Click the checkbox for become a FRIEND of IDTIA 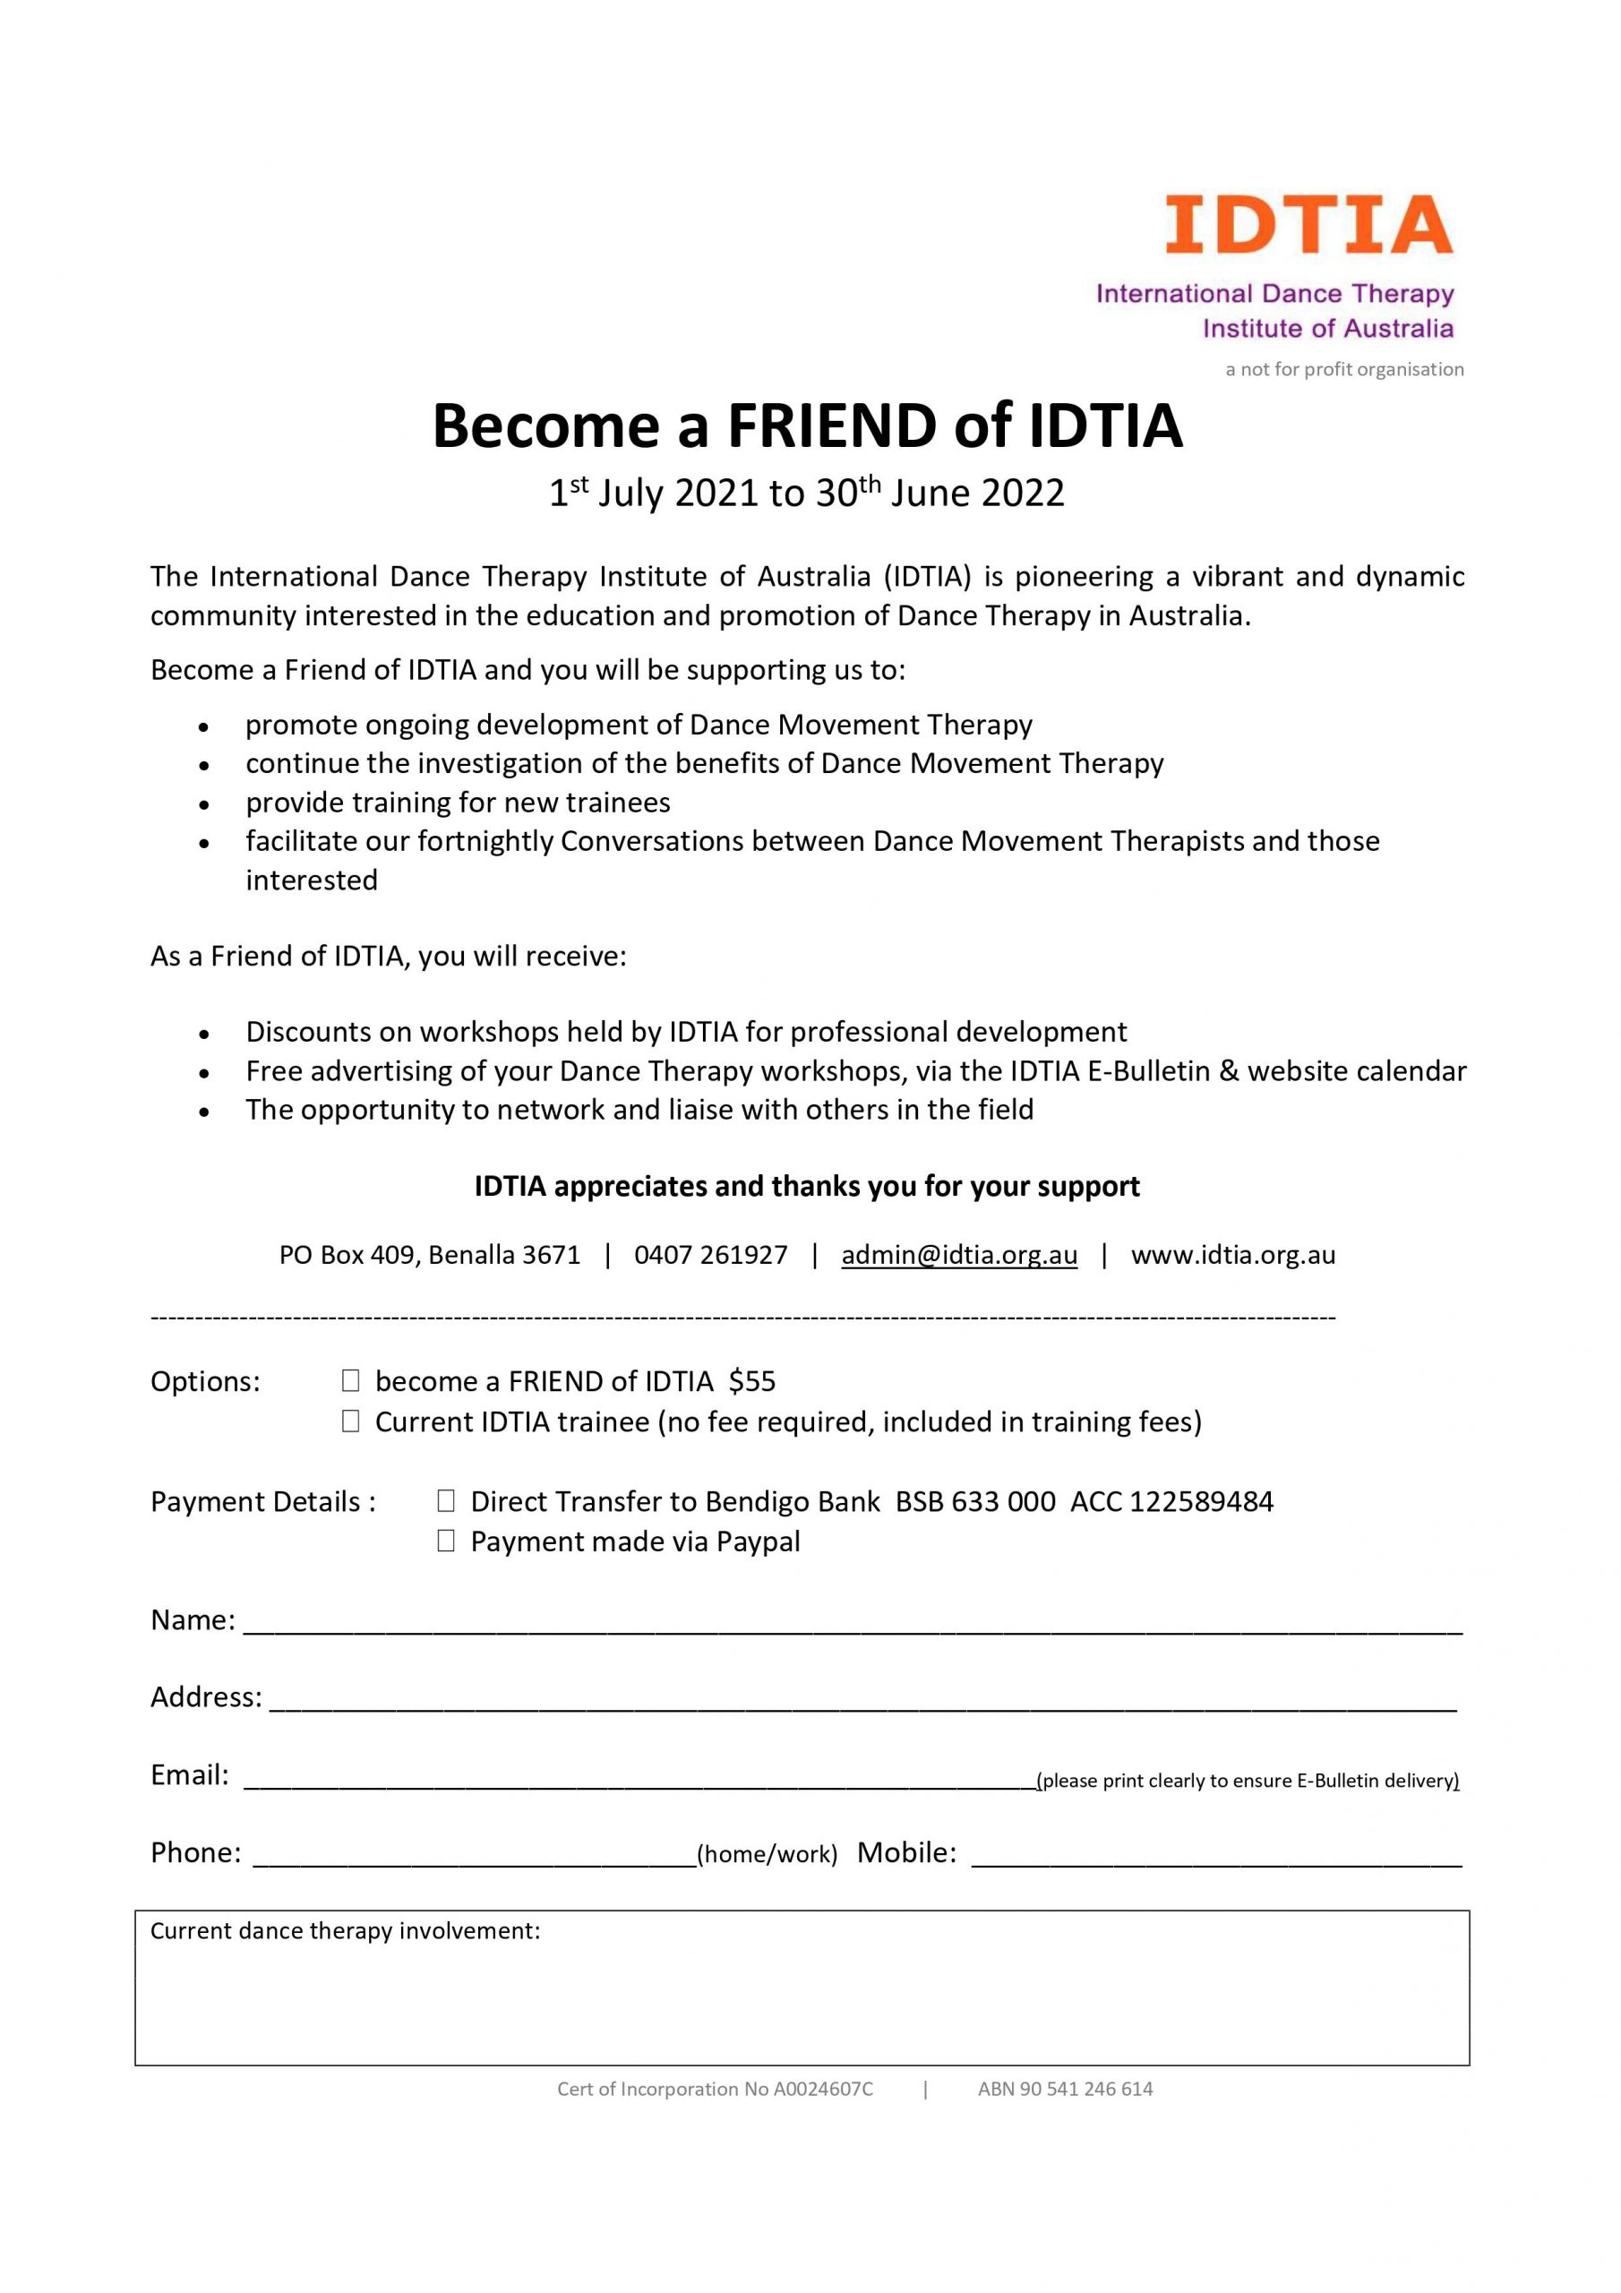point(350,1381)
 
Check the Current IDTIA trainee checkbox point(350,1422)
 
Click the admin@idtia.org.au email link point(959,1256)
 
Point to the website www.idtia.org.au point(1232,1256)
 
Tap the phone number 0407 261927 point(710,1256)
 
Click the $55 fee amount point(752,1381)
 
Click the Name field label point(193,1620)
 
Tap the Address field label point(206,1697)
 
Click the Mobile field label point(906,1852)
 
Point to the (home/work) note point(767,1855)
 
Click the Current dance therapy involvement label point(345,1931)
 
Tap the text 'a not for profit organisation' point(1344,370)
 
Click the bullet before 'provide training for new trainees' point(205,804)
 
